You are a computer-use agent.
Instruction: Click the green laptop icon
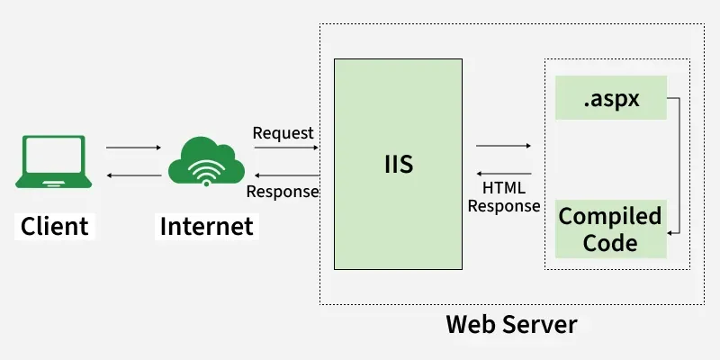52,161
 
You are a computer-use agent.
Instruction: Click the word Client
55,225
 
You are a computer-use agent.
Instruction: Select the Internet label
206,225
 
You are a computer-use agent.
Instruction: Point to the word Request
283,133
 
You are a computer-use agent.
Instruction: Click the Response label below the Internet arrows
283,191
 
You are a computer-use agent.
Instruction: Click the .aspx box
611,99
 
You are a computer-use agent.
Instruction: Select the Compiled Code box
610,229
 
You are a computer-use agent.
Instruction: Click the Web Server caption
511,323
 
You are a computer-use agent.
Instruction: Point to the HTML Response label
504,197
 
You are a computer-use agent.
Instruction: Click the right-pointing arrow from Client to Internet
133,148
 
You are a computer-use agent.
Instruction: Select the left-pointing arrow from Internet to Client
133,174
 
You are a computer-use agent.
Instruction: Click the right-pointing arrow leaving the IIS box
504,146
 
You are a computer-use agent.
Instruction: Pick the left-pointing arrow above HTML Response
504,173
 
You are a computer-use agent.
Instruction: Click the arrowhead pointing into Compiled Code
670,232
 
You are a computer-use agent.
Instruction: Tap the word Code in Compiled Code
610,243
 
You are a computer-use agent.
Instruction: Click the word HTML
504,188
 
